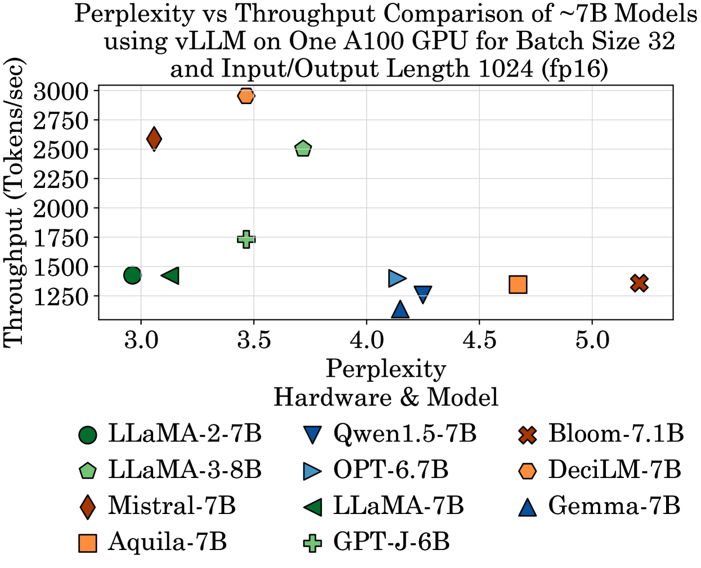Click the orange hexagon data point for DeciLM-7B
246,96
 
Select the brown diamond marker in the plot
154,138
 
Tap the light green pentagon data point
303,149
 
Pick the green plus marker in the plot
246,239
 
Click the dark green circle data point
132,275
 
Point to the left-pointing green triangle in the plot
170,276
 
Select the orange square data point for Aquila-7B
518,285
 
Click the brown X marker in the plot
639,283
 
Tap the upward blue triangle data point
400,309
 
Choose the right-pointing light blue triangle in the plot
397,278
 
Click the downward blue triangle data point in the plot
423,294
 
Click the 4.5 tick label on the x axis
479,340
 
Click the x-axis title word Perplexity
386,369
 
